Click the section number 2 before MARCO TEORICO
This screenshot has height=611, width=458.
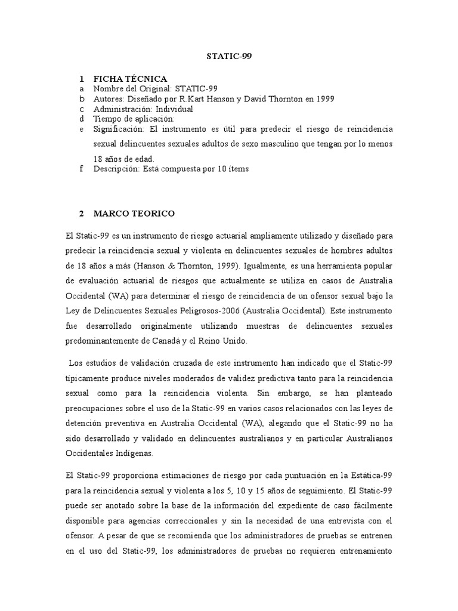pos(81,213)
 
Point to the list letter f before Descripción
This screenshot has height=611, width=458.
pos(81,169)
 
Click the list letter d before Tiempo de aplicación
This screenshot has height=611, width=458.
pos(81,119)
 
